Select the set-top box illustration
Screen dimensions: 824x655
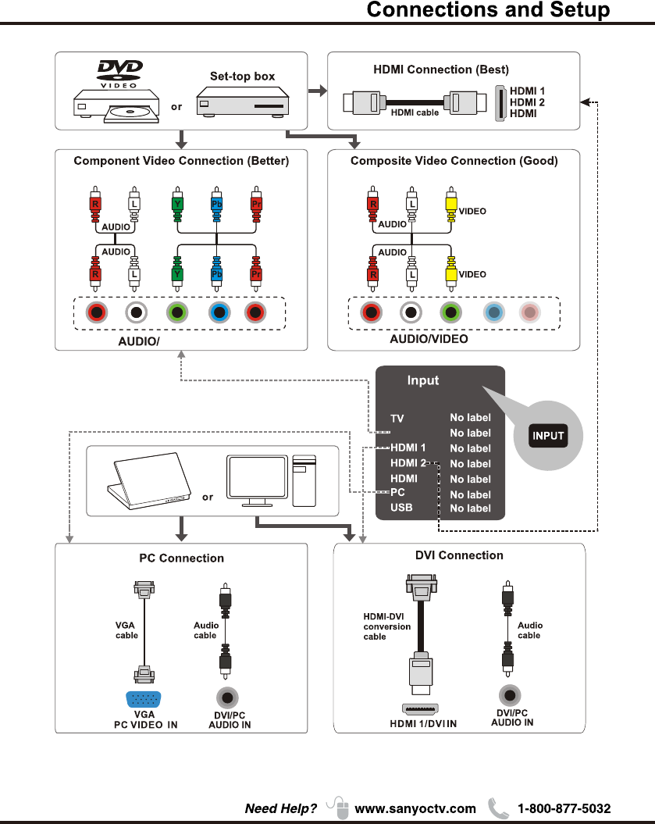[242, 102]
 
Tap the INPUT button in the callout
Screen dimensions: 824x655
[548, 436]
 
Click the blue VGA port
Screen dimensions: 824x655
[144, 699]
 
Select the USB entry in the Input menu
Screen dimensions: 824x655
[401, 508]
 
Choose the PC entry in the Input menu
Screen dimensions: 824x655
[397, 493]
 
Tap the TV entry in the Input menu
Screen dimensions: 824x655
[397, 419]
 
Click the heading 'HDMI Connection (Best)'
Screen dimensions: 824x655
[441, 70]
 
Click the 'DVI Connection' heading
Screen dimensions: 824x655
[459, 555]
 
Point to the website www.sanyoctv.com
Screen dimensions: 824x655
[415, 808]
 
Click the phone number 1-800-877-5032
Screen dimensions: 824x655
[564, 808]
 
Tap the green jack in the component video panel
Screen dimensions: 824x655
[178, 313]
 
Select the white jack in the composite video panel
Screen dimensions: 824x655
[411, 313]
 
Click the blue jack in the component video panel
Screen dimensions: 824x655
[219, 313]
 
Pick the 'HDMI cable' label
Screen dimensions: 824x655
[415, 112]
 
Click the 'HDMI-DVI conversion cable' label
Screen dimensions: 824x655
[386, 626]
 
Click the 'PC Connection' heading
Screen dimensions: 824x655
[181, 558]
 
